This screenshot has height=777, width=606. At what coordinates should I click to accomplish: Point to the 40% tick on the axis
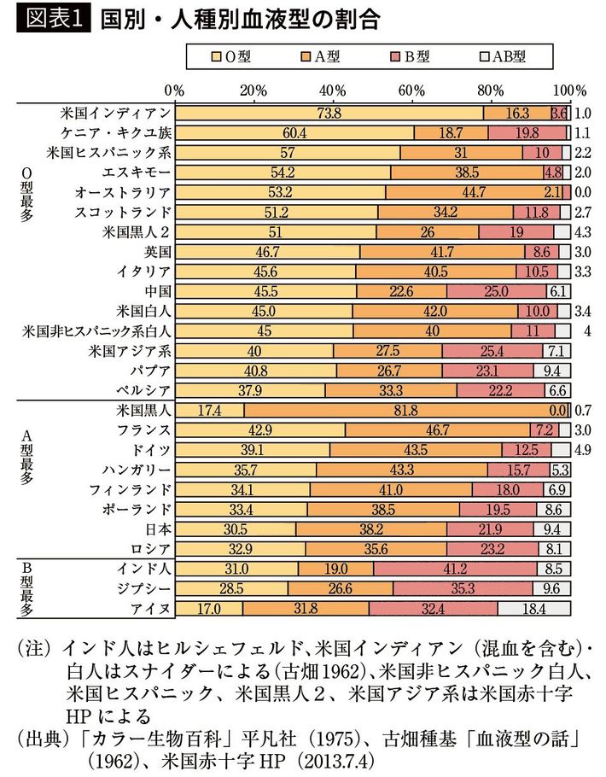332,90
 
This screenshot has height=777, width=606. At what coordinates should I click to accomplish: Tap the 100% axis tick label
568,90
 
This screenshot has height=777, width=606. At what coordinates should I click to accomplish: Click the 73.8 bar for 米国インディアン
329,113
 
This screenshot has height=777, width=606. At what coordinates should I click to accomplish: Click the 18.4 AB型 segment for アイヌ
533,609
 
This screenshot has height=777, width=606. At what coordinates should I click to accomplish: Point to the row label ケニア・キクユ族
116,132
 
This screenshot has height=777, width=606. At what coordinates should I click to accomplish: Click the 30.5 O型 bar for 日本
235,529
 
